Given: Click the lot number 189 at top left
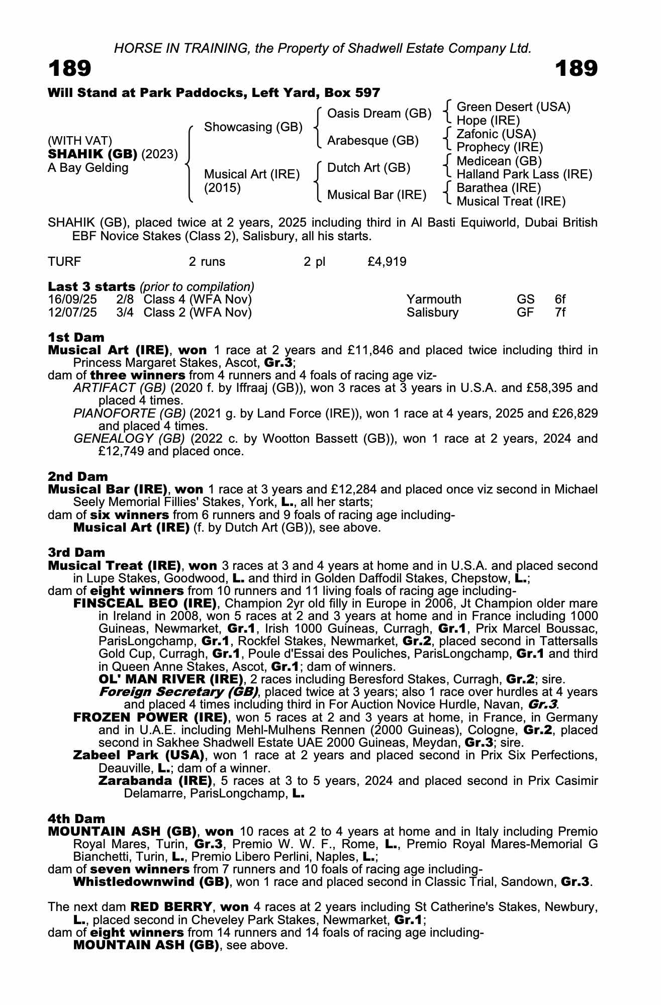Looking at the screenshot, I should click(x=70, y=68).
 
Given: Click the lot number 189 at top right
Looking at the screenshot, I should click(x=577, y=68).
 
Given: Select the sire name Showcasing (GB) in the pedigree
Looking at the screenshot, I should click(x=253, y=127).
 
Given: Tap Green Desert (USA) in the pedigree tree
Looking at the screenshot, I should click(x=513, y=107).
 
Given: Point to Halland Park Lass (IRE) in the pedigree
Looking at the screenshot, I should click(x=524, y=174).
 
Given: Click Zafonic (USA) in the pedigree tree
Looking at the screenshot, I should click(x=496, y=134).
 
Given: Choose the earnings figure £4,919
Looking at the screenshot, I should click(x=387, y=262).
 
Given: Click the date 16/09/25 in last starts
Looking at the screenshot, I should click(x=72, y=299).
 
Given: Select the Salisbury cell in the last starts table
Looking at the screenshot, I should click(x=432, y=313).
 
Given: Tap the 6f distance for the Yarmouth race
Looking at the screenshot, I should click(x=560, y=299).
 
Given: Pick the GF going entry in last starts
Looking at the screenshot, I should click(x=525, y=313).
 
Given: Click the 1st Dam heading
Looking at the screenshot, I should click(x=76, y=337).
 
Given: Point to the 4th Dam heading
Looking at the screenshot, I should click(x=76, y=819).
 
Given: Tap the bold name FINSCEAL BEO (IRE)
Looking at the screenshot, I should click(x=145, y=603).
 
